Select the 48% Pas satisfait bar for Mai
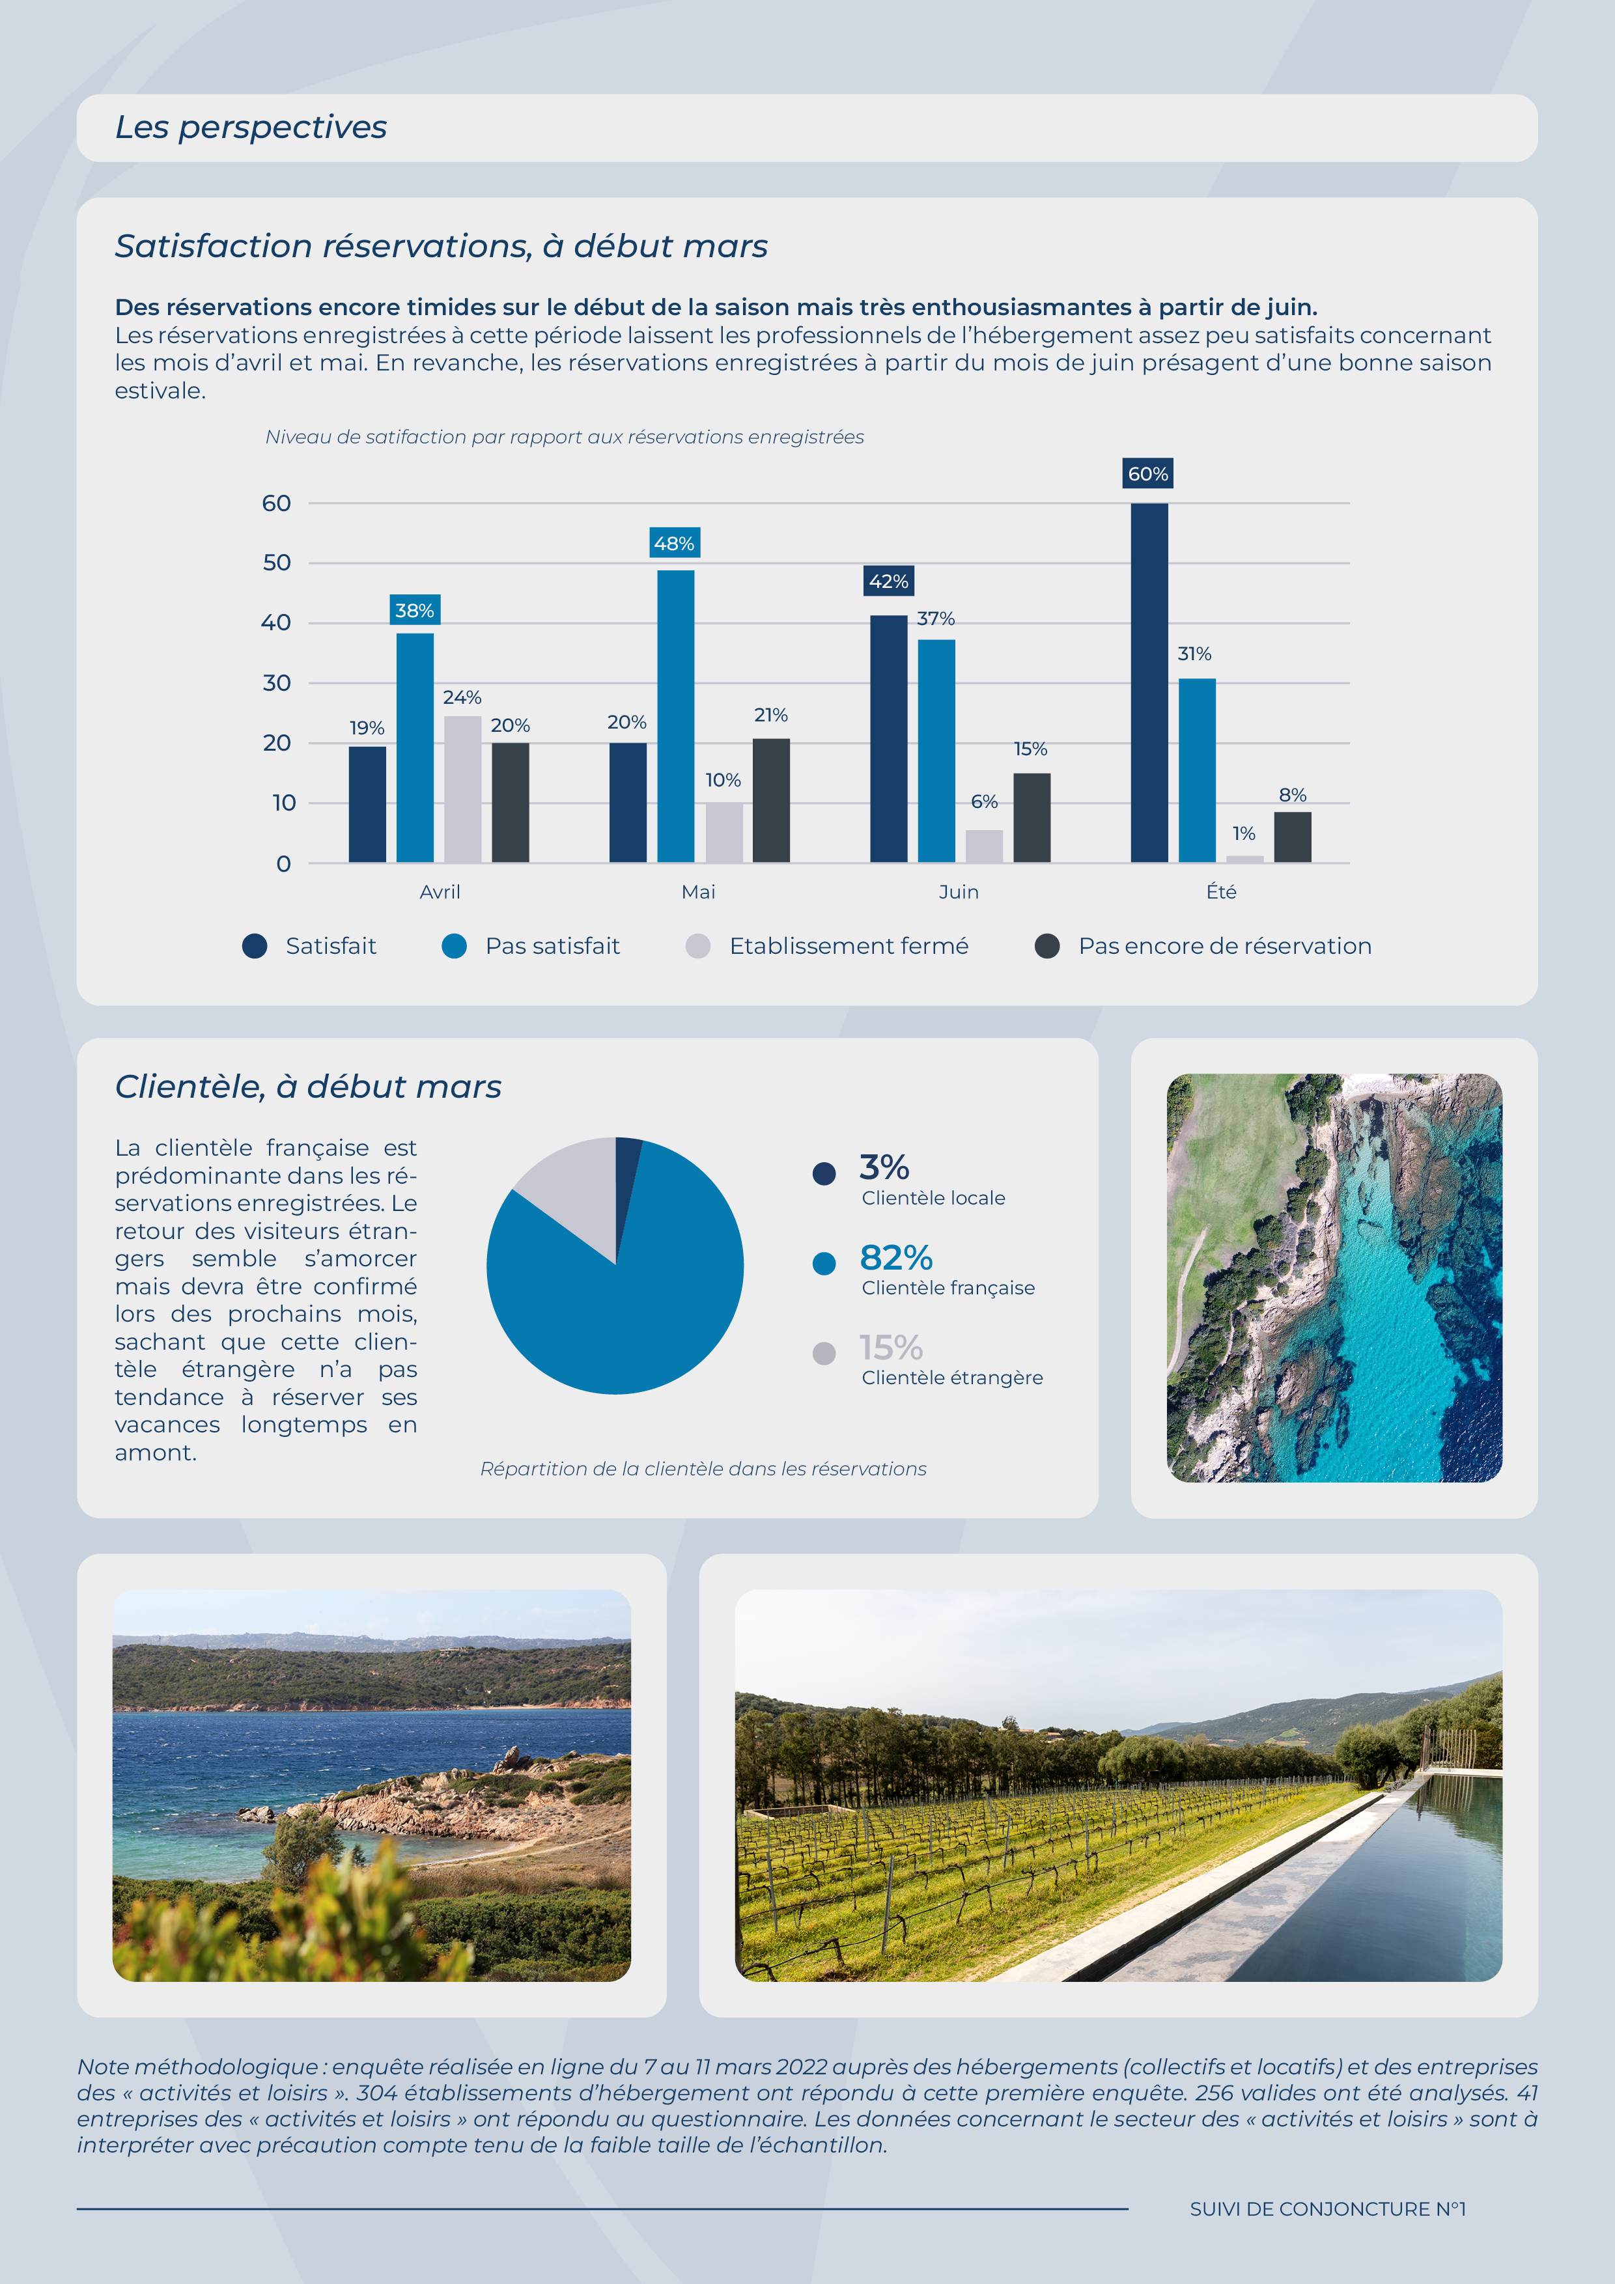pyautogui.click(x=676, y=716)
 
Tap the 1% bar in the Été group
pyautogui.click(x=1245, y=859)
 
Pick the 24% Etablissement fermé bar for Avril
pyautogui.click(x=463, y=789)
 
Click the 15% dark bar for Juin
pyautogui.click(x=1032, y=818)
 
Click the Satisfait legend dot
pyautogui.click(x=255, y=946)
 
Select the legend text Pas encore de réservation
pyautogui.click(x=1225, y=946)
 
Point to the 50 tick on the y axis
pyautogui.click(x=277, y=563)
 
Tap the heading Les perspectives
pyautogui.click(x=251, y=128)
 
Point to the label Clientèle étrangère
pyautogui.click(x=952, y=1378)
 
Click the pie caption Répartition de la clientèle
pyautogui.click(x=703, y=1469)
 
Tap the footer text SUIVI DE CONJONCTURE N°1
pyautogui.click(x=1327, y=2208)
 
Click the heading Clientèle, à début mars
pyautogui.click(x=309, y=1086)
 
